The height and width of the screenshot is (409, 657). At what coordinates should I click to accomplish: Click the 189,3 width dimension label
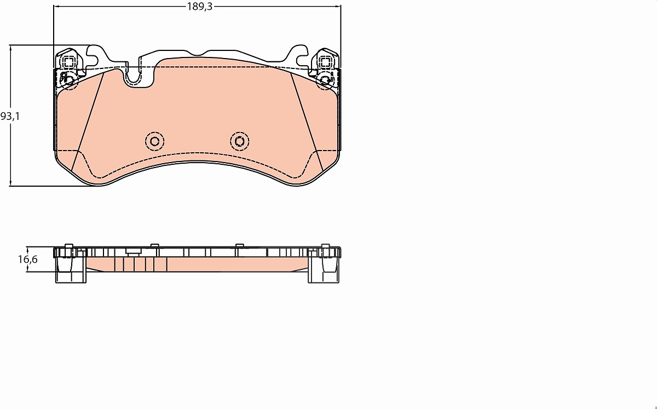pos(200,7)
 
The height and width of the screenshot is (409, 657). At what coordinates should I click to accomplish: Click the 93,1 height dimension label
pos(10,117)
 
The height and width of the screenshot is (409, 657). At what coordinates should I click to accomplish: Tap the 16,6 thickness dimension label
pos(28,260)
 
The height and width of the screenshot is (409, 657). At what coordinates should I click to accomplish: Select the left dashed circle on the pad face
pos(154,142)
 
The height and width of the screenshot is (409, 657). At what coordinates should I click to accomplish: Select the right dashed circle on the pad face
pos(240,142)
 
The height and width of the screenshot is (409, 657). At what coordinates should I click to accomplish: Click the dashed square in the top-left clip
pos(69,62)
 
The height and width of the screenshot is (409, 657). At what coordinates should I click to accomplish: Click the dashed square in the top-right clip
pos(325,62)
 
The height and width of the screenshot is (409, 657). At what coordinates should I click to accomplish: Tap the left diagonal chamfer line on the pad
pos(88,122)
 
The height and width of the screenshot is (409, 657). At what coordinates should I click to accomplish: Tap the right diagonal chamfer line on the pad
pos(307,122)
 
